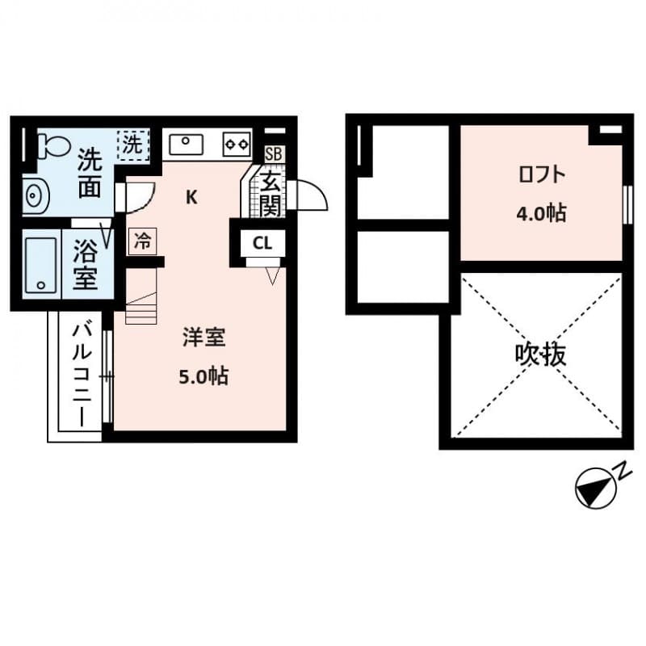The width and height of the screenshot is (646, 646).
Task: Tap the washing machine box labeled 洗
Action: click(132, 145)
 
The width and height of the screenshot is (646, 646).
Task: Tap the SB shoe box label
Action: click(274, 153)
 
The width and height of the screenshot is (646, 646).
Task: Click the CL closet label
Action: click(262, 242)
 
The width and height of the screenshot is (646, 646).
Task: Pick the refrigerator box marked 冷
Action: click(142, 240)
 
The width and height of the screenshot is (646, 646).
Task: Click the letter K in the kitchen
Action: click(192, 196)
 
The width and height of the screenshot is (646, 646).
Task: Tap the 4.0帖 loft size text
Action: click(541, 214)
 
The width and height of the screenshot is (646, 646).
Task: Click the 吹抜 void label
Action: click(540, 354)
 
